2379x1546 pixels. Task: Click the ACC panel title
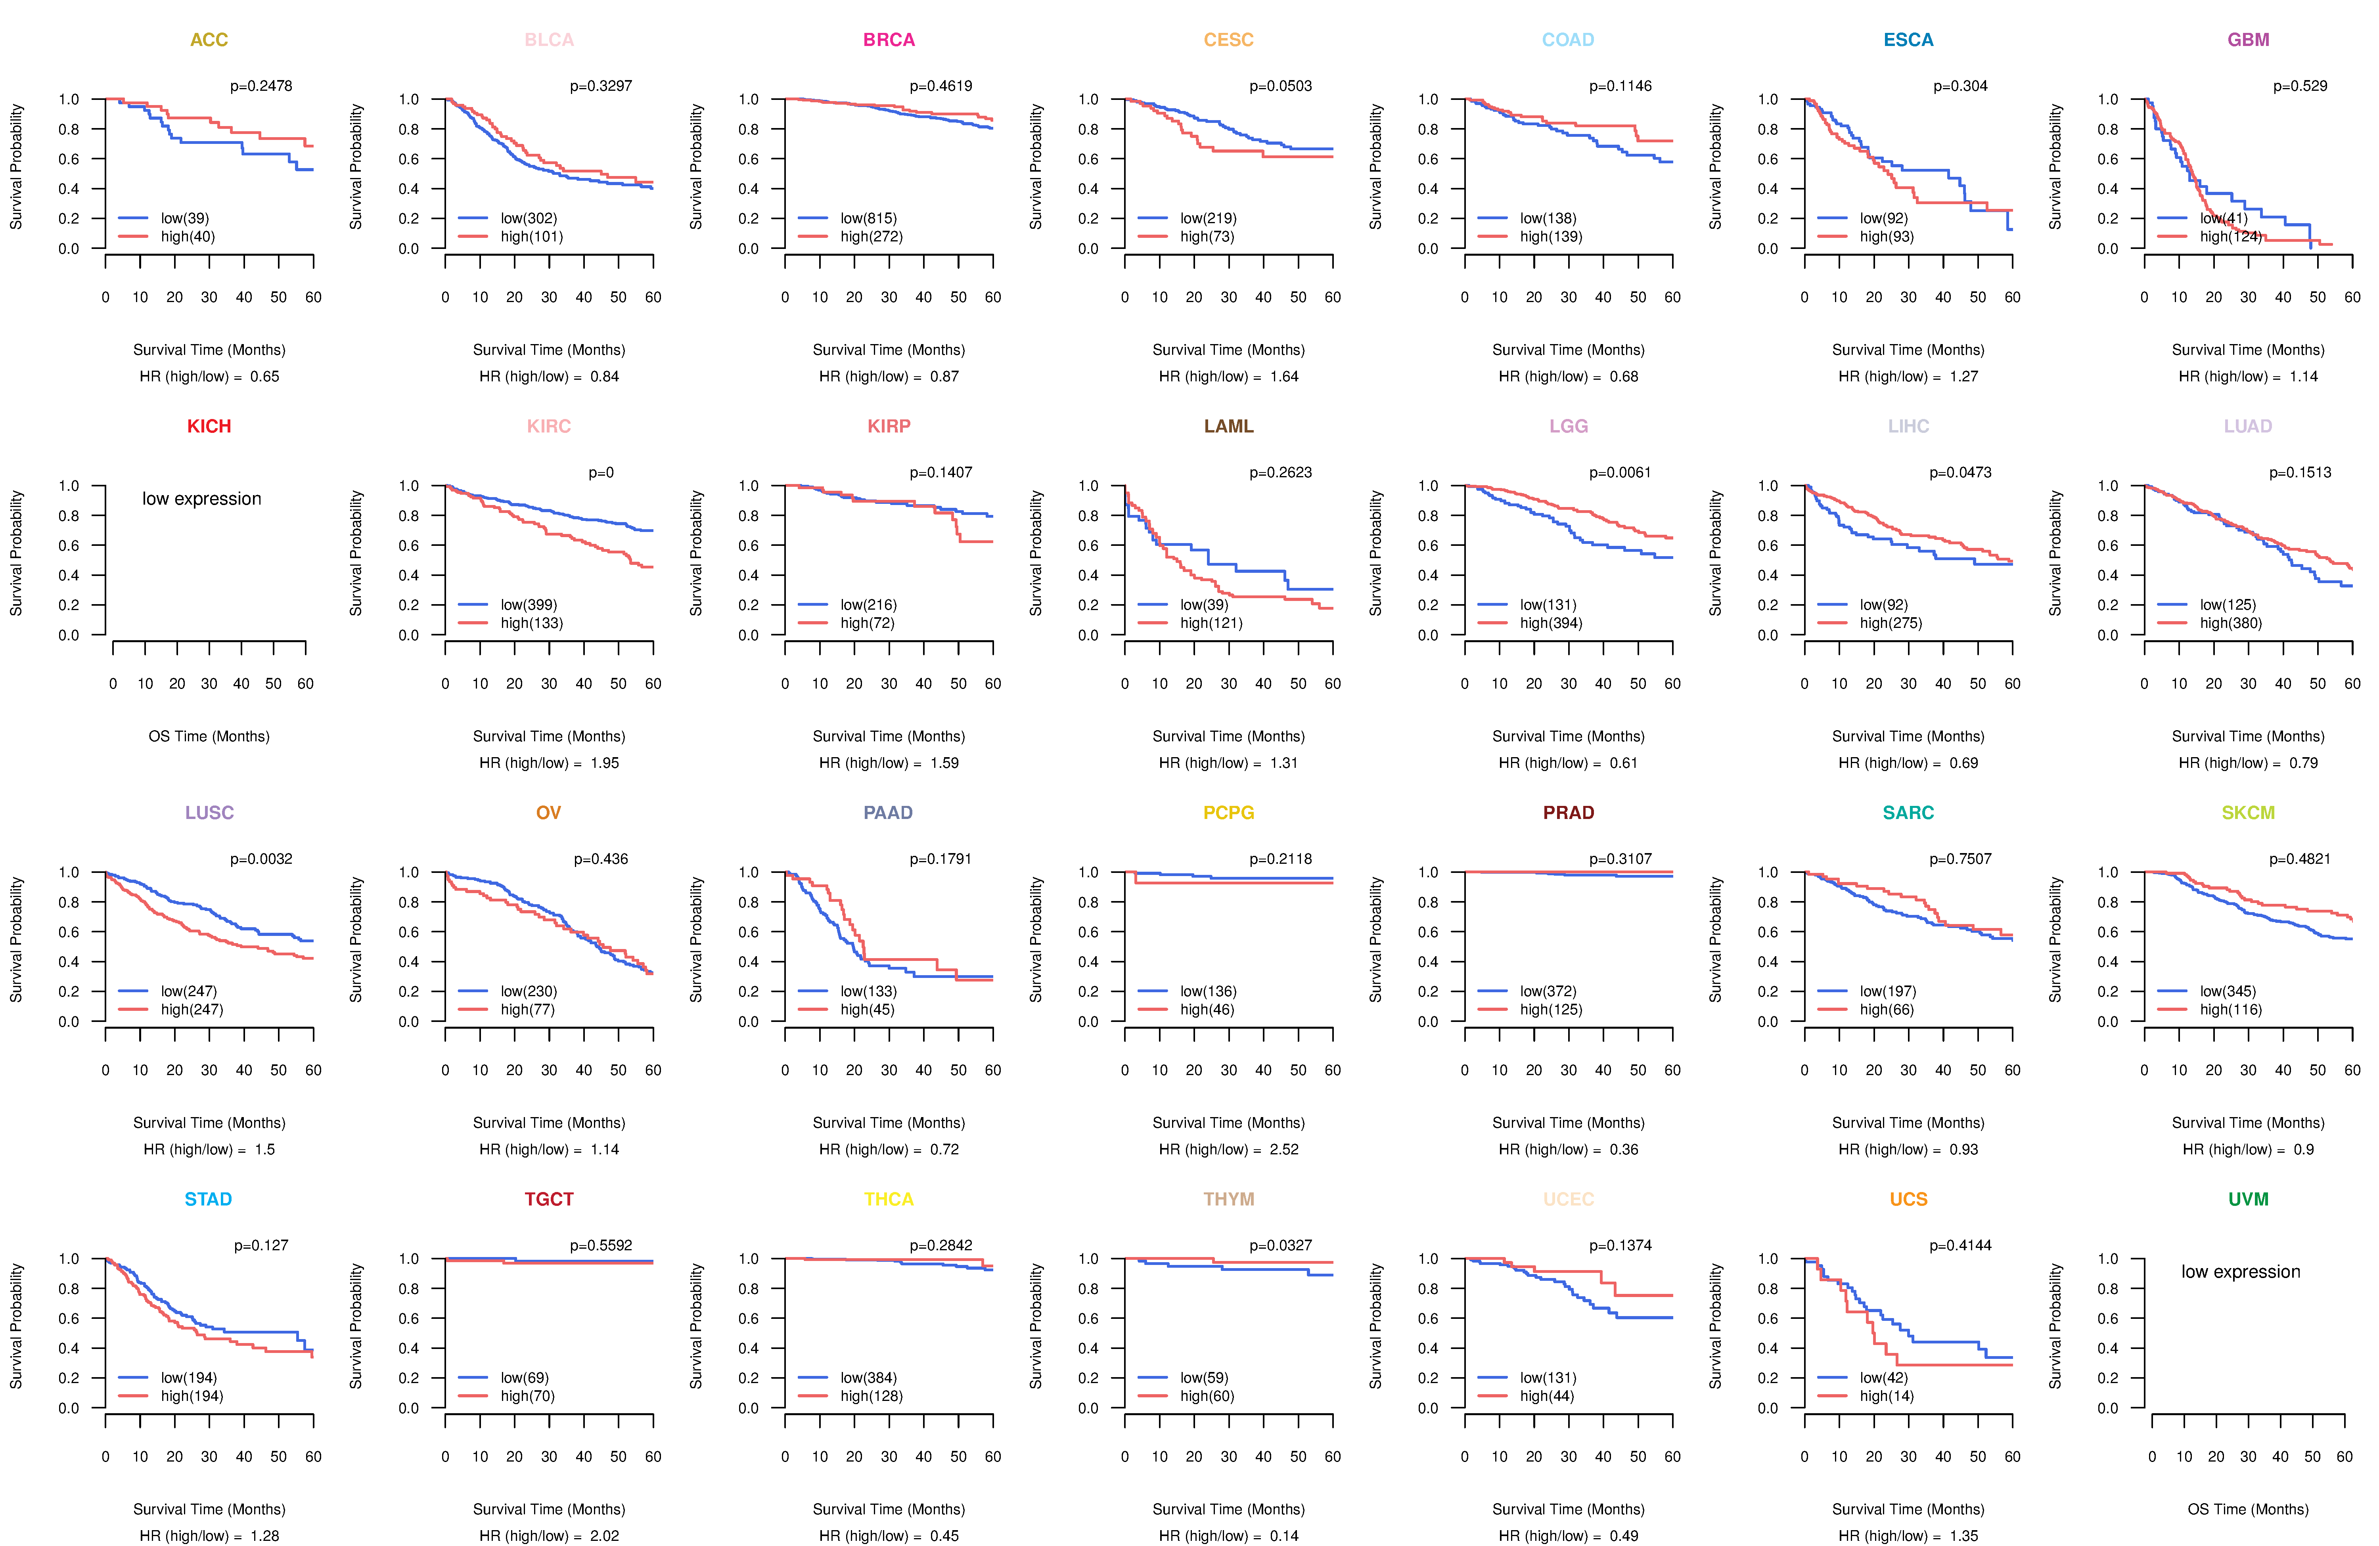[x=209, y=40]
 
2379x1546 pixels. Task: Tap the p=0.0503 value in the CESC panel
[x=1280, y=86]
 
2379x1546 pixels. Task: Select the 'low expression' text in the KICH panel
[x=202, y=499]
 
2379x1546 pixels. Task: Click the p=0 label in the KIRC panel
[x=601, y=473]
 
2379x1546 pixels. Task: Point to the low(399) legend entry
[x=529, y=605]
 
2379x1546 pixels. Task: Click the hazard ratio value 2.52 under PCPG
[x=1283, y=1149]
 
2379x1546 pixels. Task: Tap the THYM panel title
[x=1228, y=1199]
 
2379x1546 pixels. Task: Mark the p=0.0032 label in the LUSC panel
[x=261, y=859]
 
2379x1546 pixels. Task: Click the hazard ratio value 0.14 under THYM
[x=1283, y=1536]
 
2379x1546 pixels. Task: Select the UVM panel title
[x=2248, y=1199]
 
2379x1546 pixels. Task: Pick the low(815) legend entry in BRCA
[x=869, y=218]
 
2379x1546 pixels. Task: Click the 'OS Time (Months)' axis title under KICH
[x=209, y=737]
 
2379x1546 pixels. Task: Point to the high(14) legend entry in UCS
[x=1886, y=1396]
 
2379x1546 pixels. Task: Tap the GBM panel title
[x=2248, y=40]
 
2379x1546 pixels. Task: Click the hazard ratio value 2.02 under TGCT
[x=604, y=1536]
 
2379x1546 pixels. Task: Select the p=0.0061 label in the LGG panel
[x=1620, y=473]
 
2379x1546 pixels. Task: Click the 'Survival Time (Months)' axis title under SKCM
[x=2248, y=1123]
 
